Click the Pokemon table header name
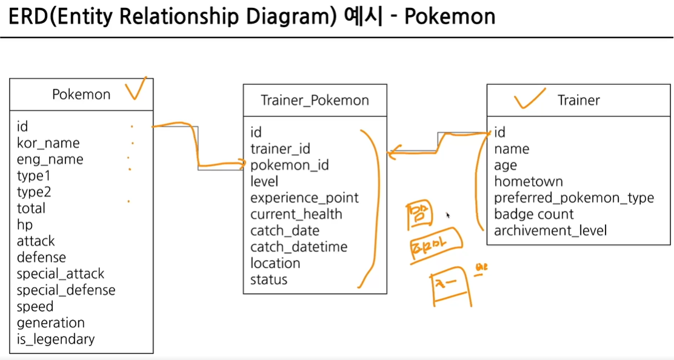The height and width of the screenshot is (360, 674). (x=81, y=95)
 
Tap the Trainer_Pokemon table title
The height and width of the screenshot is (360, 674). (x=315, y=101)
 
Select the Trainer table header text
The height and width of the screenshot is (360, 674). (x=579, y=101)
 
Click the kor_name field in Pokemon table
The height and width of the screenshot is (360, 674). (x=48, y=143)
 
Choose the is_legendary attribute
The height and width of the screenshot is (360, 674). (x=56, y=339)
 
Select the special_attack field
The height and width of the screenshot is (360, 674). (x=61, y=273)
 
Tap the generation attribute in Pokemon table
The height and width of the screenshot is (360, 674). (x=50, y=322)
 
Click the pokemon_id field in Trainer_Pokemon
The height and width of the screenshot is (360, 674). (x=290, y=165)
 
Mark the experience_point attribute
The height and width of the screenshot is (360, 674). (x=304, y=198)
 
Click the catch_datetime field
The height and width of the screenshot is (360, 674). (x=299, y=247)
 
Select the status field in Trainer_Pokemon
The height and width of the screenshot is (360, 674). (x=269, y=279)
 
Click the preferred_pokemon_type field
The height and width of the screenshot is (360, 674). (x=574, y=198)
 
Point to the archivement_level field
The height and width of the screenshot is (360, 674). (x=550, y=230)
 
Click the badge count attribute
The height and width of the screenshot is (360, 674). (x=534, y=214)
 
